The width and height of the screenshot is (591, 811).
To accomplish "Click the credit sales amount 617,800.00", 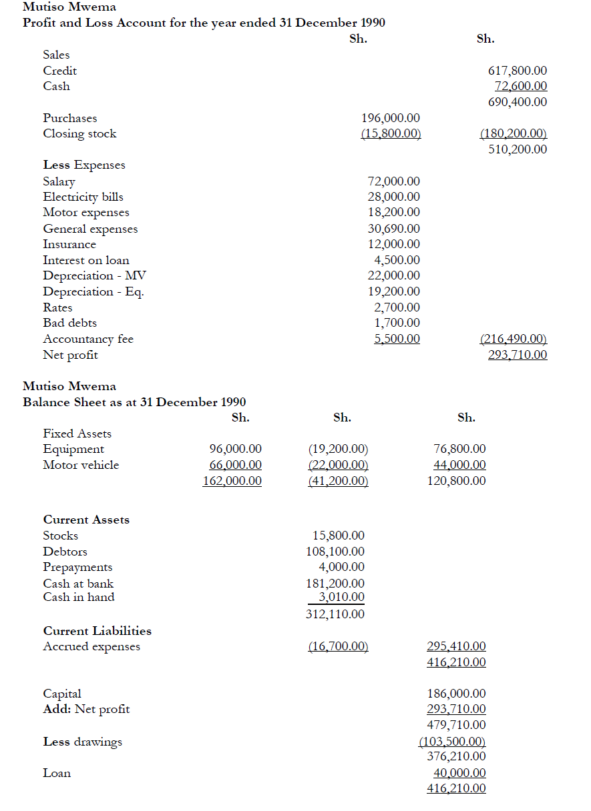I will pyautogui.click(x=518, y=71).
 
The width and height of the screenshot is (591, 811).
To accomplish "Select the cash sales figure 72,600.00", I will pyautogui.click(x=520, y=86).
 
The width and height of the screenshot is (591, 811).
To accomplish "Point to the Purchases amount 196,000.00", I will pyautogui.click(x=391, y=118).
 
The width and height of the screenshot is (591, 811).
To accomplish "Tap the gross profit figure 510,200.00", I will pyautogui.click(x=518, y=149).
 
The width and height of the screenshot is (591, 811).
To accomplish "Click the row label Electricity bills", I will pyautogui.click(x=83, y=197).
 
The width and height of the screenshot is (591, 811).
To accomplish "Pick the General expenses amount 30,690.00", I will pyautogui.click(x=394, y=229).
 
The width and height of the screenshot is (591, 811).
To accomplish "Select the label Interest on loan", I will pyautogui.click(x=86, y=260).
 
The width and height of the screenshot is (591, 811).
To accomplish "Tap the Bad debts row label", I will pyautogui.click(x=69, y=323).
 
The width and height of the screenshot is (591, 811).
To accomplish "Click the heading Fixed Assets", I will pyautogui.click(x=77, y=434).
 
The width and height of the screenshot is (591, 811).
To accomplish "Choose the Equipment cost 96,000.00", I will pyautogui.click(x=235, y=450).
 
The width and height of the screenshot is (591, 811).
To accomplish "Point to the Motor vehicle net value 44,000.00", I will pyautogui.click(x=459, y=465).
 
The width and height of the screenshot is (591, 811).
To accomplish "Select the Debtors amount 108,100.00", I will pyautogui.click(x=335, y=552).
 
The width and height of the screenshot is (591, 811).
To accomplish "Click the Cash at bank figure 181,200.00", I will pyautogui.click(x=335, y=584).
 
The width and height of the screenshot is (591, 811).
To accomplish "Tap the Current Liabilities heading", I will pyautogui.click(x=97, y=631).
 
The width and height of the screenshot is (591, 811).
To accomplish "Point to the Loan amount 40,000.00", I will pyautogui.click(x=459, y=773).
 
